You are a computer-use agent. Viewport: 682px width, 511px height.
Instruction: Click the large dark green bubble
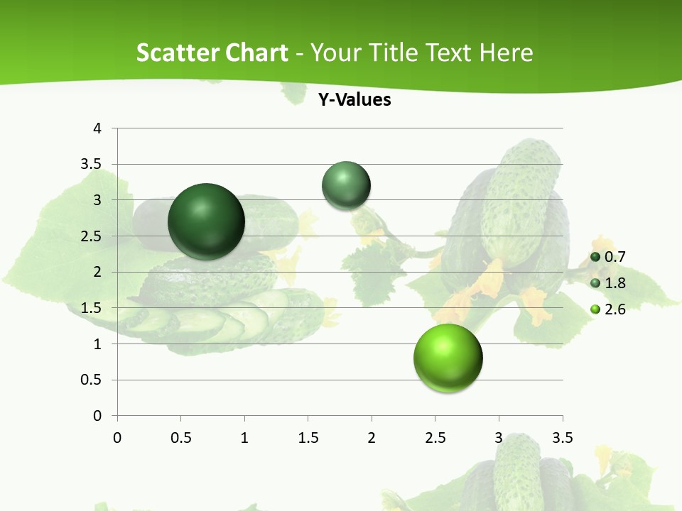click(x=206, y=221)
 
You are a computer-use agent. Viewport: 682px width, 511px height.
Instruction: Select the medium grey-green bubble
click(x=347, y=185)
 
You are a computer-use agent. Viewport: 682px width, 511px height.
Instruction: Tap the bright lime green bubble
click(x=448, y=358)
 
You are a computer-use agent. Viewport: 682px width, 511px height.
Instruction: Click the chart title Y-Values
click(x=354, y=100)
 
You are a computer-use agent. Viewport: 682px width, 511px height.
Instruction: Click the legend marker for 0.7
click(x=595, y=257)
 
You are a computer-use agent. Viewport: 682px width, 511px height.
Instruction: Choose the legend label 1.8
click(x=615, y=283)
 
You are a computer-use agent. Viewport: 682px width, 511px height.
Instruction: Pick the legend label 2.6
click(x=615, y=309)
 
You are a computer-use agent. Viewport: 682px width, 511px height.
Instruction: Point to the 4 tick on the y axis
click(x=97, y=128)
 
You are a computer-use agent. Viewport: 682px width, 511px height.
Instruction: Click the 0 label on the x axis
click(x=117, y=437)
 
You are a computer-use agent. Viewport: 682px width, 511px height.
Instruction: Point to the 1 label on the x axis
click(x=244, y=437)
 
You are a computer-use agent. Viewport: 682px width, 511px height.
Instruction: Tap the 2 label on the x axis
click(x=372, y=437)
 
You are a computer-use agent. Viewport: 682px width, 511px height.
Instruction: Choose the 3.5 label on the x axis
click(x=562, y=437)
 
